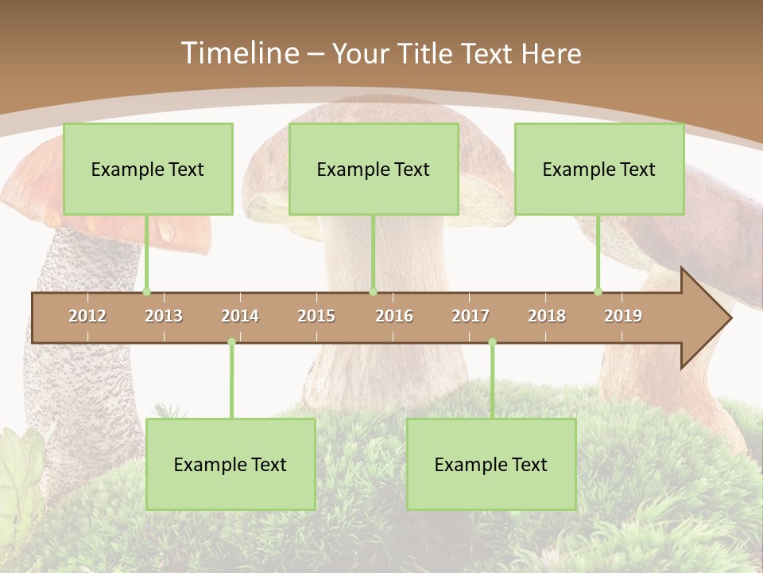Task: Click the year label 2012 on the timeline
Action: tap(87, 316)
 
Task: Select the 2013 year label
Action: tap(164, 316)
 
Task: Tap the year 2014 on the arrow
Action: tap(240, 316)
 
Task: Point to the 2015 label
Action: tap(316, 316)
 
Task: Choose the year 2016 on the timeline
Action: tap(394, 316)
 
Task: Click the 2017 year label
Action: tap(471, 316)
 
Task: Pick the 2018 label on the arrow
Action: tap(547, 316)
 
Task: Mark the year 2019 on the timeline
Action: tap(623, 316)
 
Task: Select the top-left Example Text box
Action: tap(148, 169)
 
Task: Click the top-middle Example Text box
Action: tap(374, 169)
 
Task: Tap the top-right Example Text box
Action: tap(599, 169)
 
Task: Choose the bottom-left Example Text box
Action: tap(230, 464)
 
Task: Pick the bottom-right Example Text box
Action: tap(491, 464)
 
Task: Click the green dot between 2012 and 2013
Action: tap(146, 292)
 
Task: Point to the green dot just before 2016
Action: tap(373, 292)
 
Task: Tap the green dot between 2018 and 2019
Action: tap(598, 292)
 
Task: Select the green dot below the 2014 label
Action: tap(231, 342)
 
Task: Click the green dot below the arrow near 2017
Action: tap(492, 342)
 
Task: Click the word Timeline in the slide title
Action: tap(238, 53)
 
